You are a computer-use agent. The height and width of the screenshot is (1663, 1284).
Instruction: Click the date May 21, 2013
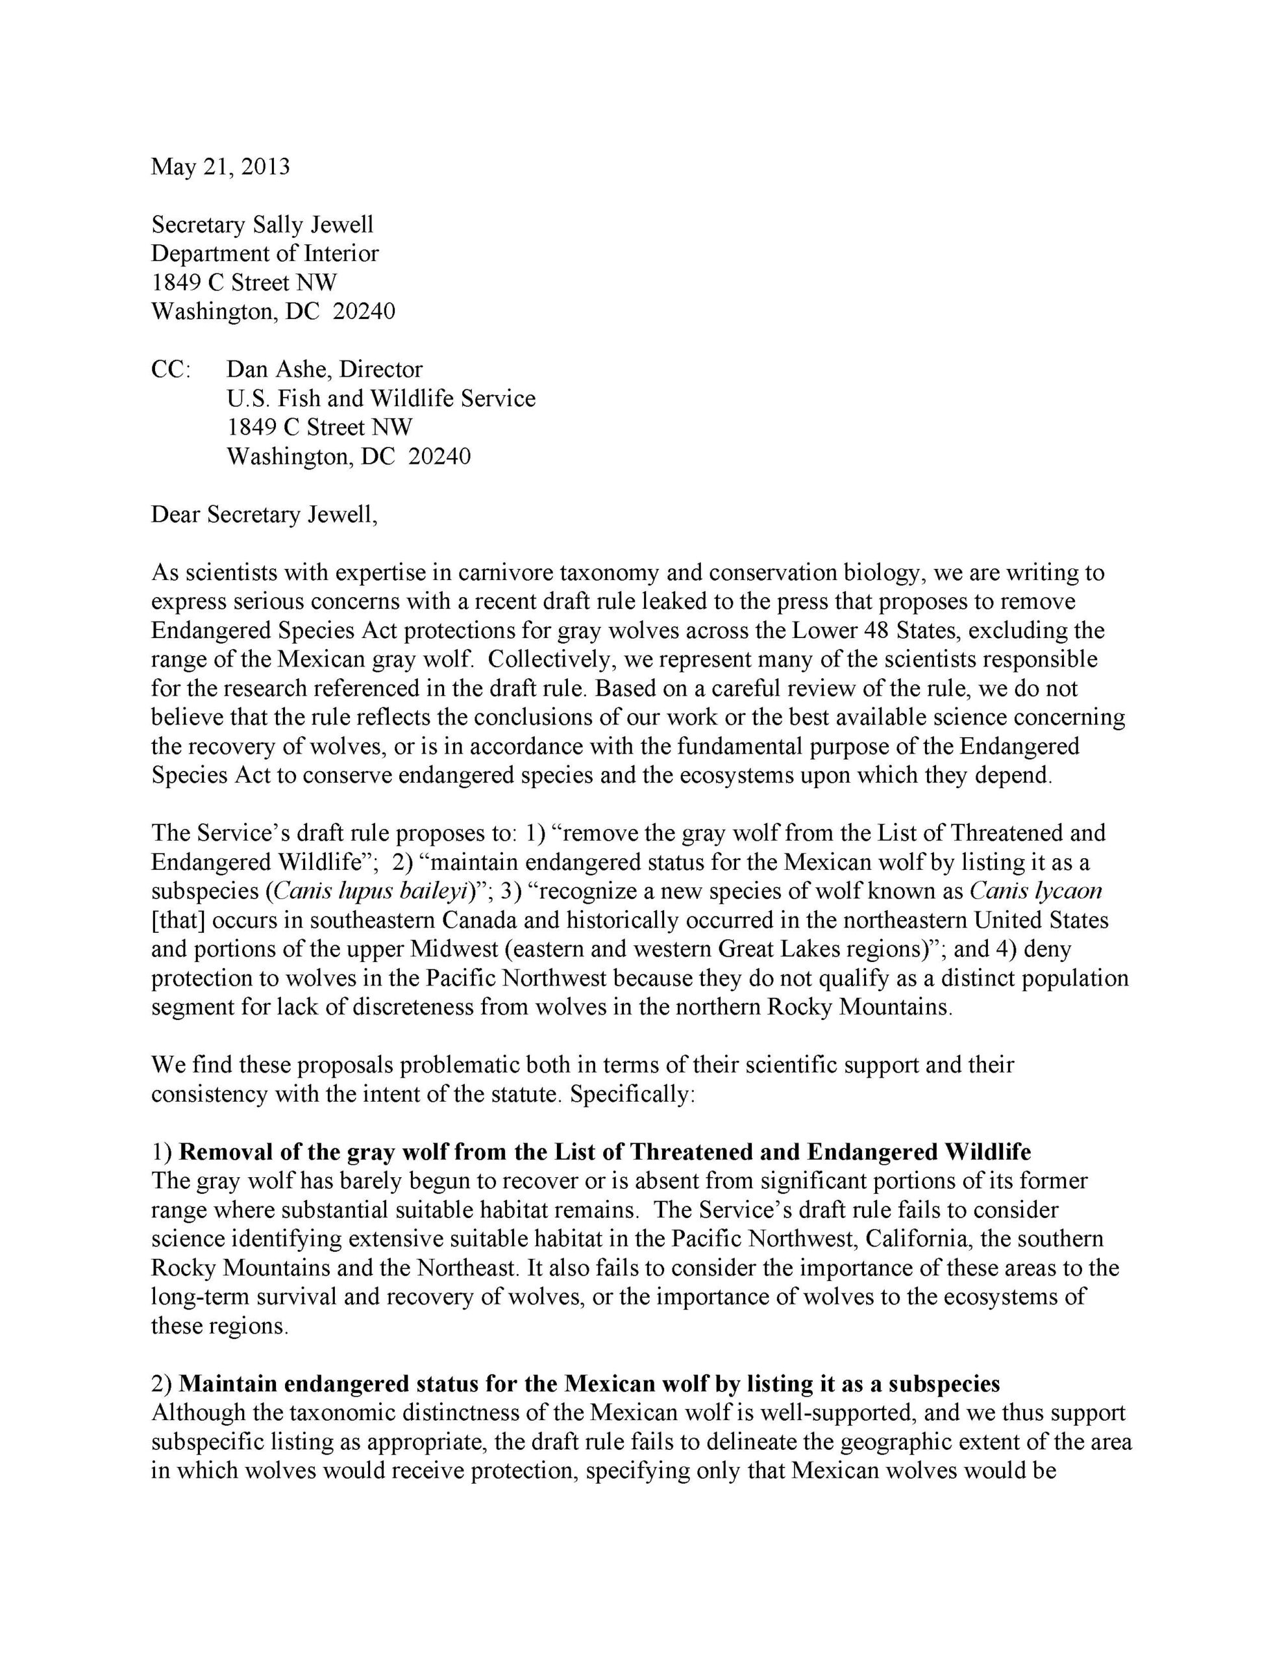point(220,167)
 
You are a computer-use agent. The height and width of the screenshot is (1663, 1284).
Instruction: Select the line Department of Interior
point(265,253)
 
